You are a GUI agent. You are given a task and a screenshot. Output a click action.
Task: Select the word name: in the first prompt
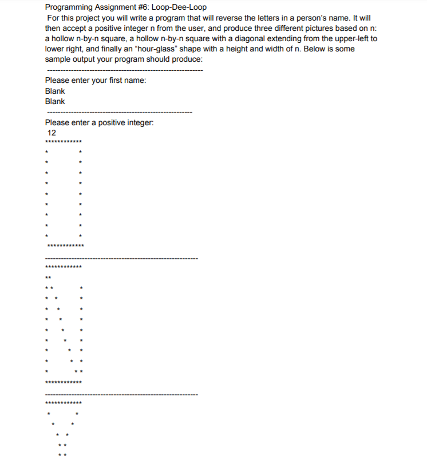135,80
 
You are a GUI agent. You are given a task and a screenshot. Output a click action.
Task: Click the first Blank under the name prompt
55,91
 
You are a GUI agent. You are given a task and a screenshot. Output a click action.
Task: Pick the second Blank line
55,101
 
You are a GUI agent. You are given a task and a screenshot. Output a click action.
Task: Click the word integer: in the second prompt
140,122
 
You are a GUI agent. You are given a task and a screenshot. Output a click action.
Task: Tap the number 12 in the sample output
52,133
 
